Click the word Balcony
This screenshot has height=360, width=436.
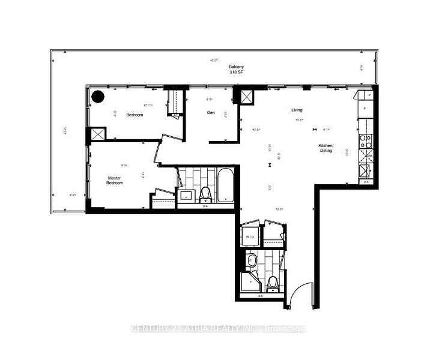click(x=235, y=67)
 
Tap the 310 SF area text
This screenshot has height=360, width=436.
click(x=235, y=73)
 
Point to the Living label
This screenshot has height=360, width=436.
click(x=297, y=110)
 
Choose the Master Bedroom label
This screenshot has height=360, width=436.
click(x=115, y=180)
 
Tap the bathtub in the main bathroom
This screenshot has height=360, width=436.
click(x=225, y=187)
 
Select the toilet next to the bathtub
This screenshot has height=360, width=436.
click(x=204, y=193)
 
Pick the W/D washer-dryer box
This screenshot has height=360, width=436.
click(x=250, y=236)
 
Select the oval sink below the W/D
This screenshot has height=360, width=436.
click(x=251, y=260)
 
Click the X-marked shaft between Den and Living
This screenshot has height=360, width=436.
click(x=247, y=97)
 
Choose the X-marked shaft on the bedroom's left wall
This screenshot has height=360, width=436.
click(x=96, y=134)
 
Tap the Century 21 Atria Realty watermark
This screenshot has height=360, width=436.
click(x=218, y=328)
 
